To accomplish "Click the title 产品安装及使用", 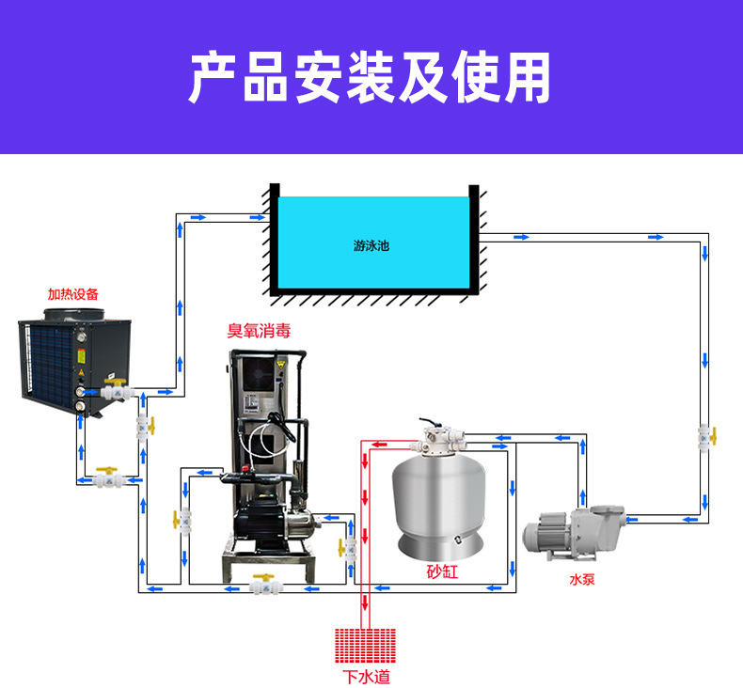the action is [370, 78].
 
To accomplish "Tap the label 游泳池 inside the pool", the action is [371, 245].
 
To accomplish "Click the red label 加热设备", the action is [73, 294].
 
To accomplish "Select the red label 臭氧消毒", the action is [259, 331].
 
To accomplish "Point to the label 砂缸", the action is [442, 571].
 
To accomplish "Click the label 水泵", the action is [582, 579].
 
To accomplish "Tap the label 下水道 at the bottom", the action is [366, 677].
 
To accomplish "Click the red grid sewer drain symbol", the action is [365, 646].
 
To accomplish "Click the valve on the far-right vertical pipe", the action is [706, 437].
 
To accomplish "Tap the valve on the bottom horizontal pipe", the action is [265, 586].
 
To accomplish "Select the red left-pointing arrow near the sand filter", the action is [379, 445].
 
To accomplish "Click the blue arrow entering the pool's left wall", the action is [258, 217].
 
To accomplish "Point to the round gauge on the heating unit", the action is [82, 337].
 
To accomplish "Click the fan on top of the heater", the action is [74, 314].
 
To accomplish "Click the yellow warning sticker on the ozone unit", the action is [281, 365].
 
